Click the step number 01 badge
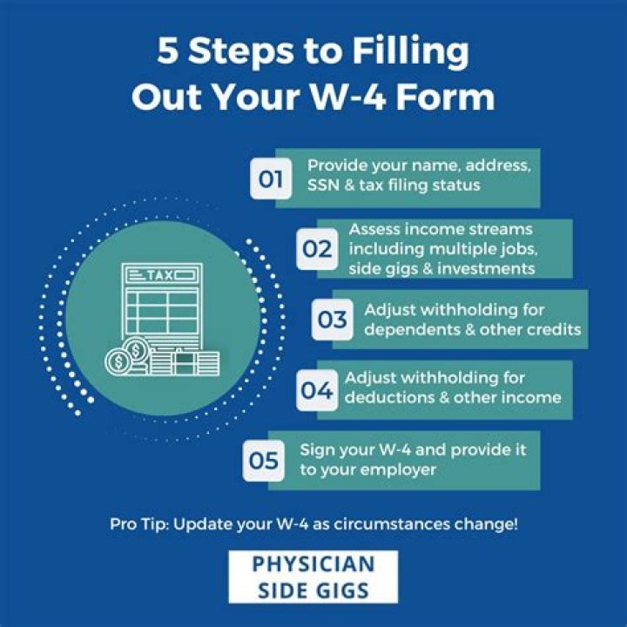tap(271, 179)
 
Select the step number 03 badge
tap(332, 320)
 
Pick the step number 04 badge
tap(317, 390)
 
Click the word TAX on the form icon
tap(159, 276)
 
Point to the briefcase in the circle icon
tap(184, 361)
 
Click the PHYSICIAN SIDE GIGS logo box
tap(313, 576)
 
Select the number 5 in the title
tap(168, 51)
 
